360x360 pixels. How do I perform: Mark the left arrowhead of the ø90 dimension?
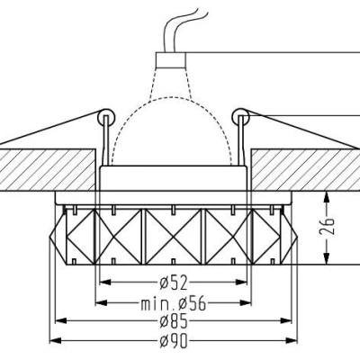pyautogui.click(x=52, y=339)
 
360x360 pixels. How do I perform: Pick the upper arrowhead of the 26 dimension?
pyautogui.click(x=330, y=194)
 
